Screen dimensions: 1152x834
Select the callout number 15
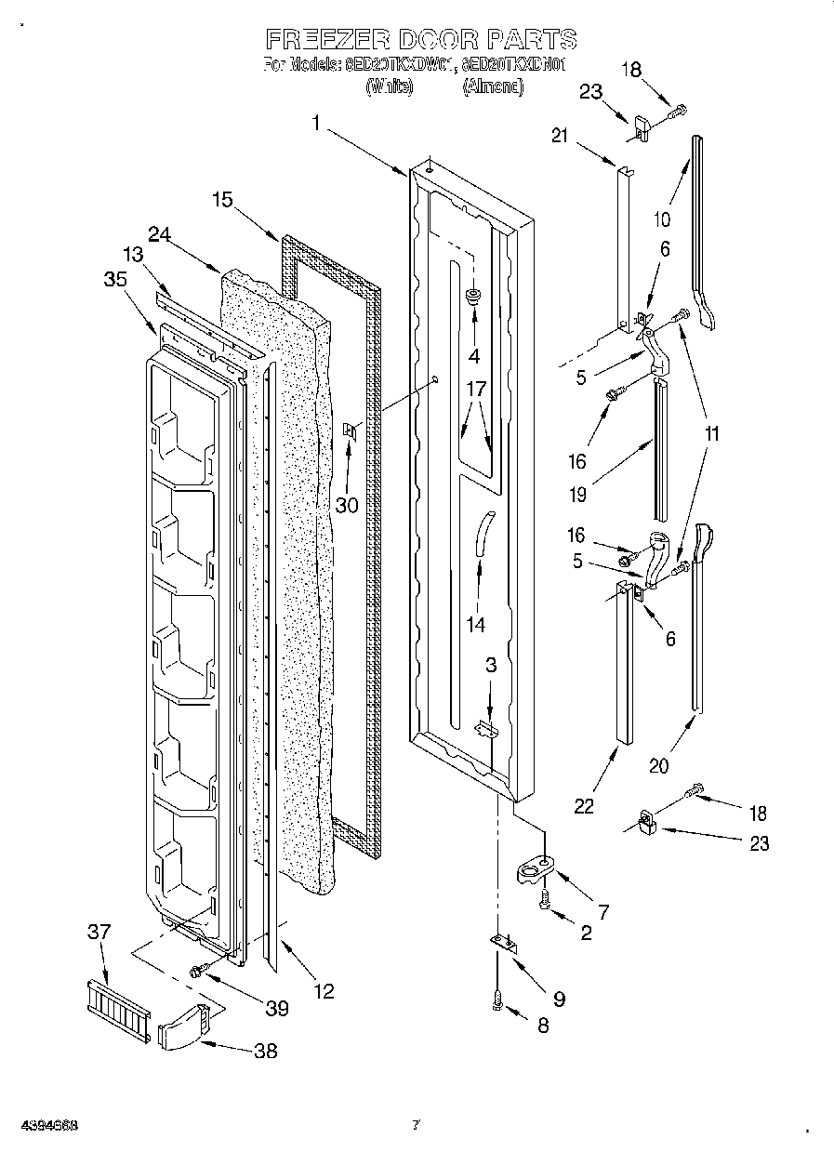point(221,199)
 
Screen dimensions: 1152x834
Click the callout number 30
point(346,505)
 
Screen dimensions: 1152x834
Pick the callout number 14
point(476,625)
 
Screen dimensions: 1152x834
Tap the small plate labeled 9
point(503,944)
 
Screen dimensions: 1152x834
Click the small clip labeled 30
point(351,430)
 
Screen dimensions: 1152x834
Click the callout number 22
point(584,806)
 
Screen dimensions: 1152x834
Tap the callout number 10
point(662,219)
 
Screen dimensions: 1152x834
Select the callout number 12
point(323,991)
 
